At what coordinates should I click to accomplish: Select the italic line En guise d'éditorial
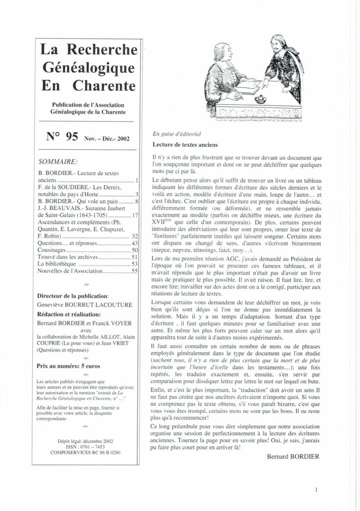coord(173,135)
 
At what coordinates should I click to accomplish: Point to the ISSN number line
coord(85,447)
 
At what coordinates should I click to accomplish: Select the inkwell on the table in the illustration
coord(259,98)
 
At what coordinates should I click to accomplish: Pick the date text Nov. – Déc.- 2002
coord(107,139)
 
